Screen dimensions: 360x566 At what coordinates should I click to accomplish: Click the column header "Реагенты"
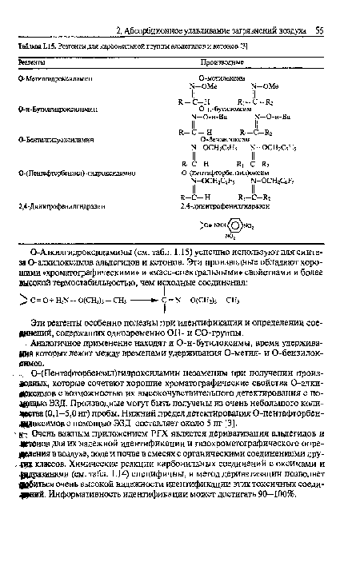click(31, 62)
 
